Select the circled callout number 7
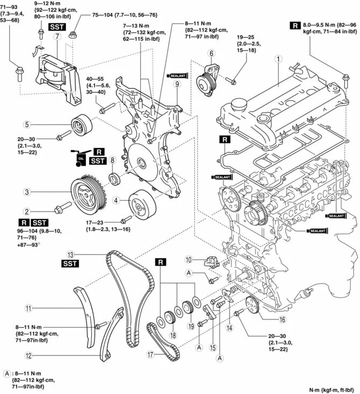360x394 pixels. click(56, 36)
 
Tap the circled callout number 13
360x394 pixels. click(70, 254)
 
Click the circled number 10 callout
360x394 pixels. click(189, 260)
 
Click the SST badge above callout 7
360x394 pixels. click(56, 26)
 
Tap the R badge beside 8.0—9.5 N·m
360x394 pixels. click(295, 25)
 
